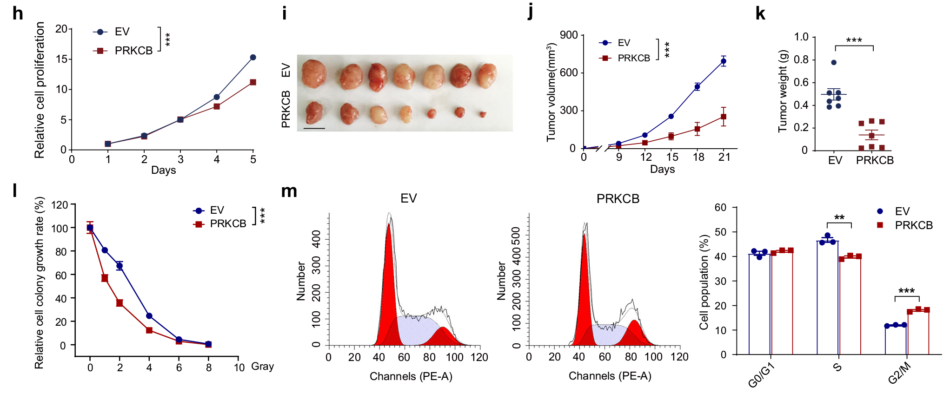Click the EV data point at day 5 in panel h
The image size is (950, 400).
253,57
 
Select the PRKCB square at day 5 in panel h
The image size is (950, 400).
253,82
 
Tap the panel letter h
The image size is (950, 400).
18,14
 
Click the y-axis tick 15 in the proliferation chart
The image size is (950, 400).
61,59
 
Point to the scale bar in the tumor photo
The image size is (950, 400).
314,128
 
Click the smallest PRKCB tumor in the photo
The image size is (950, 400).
483,114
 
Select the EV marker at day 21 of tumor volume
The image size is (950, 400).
724,61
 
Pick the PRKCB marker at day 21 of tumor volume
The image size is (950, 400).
724,117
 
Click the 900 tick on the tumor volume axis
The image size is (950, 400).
569,35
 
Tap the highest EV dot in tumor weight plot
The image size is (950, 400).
834,62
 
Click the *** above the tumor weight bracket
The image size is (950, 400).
854,40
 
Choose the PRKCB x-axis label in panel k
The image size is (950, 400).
875,160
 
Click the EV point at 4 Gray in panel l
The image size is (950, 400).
149,316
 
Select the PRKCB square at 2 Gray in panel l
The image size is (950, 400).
120,303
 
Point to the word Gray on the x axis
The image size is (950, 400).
262,367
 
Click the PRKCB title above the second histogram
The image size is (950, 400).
618,199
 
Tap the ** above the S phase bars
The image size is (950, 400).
839,218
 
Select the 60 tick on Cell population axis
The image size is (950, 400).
720,208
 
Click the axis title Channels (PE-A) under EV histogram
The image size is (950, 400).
411,376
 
